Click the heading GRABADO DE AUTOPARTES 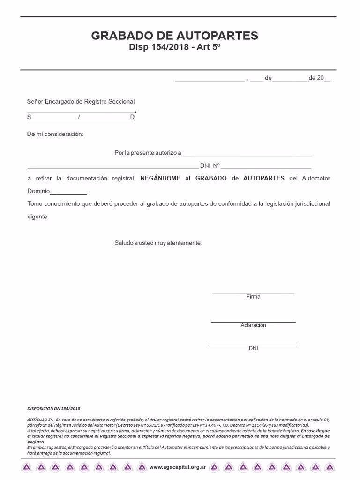coord(174,36)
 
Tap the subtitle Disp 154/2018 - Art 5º coord(174,47)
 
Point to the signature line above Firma coord(253,292)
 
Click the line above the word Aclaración coord(253,322)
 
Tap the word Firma coord(253,297)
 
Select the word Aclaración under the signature coord(253,325)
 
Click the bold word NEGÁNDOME coord(160,179)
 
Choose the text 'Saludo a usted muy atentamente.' coord(158,243)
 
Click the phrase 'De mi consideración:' coord(55,135)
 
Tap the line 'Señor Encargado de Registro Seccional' coord(81,102)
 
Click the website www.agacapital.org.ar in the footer coord(178,467)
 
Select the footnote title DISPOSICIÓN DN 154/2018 coord(53,409)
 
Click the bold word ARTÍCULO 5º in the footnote coord(40,419)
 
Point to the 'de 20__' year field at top coord(320,78)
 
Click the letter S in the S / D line coord(29,117)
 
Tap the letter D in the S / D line coord(132,117)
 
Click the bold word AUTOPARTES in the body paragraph coord(264,179)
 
